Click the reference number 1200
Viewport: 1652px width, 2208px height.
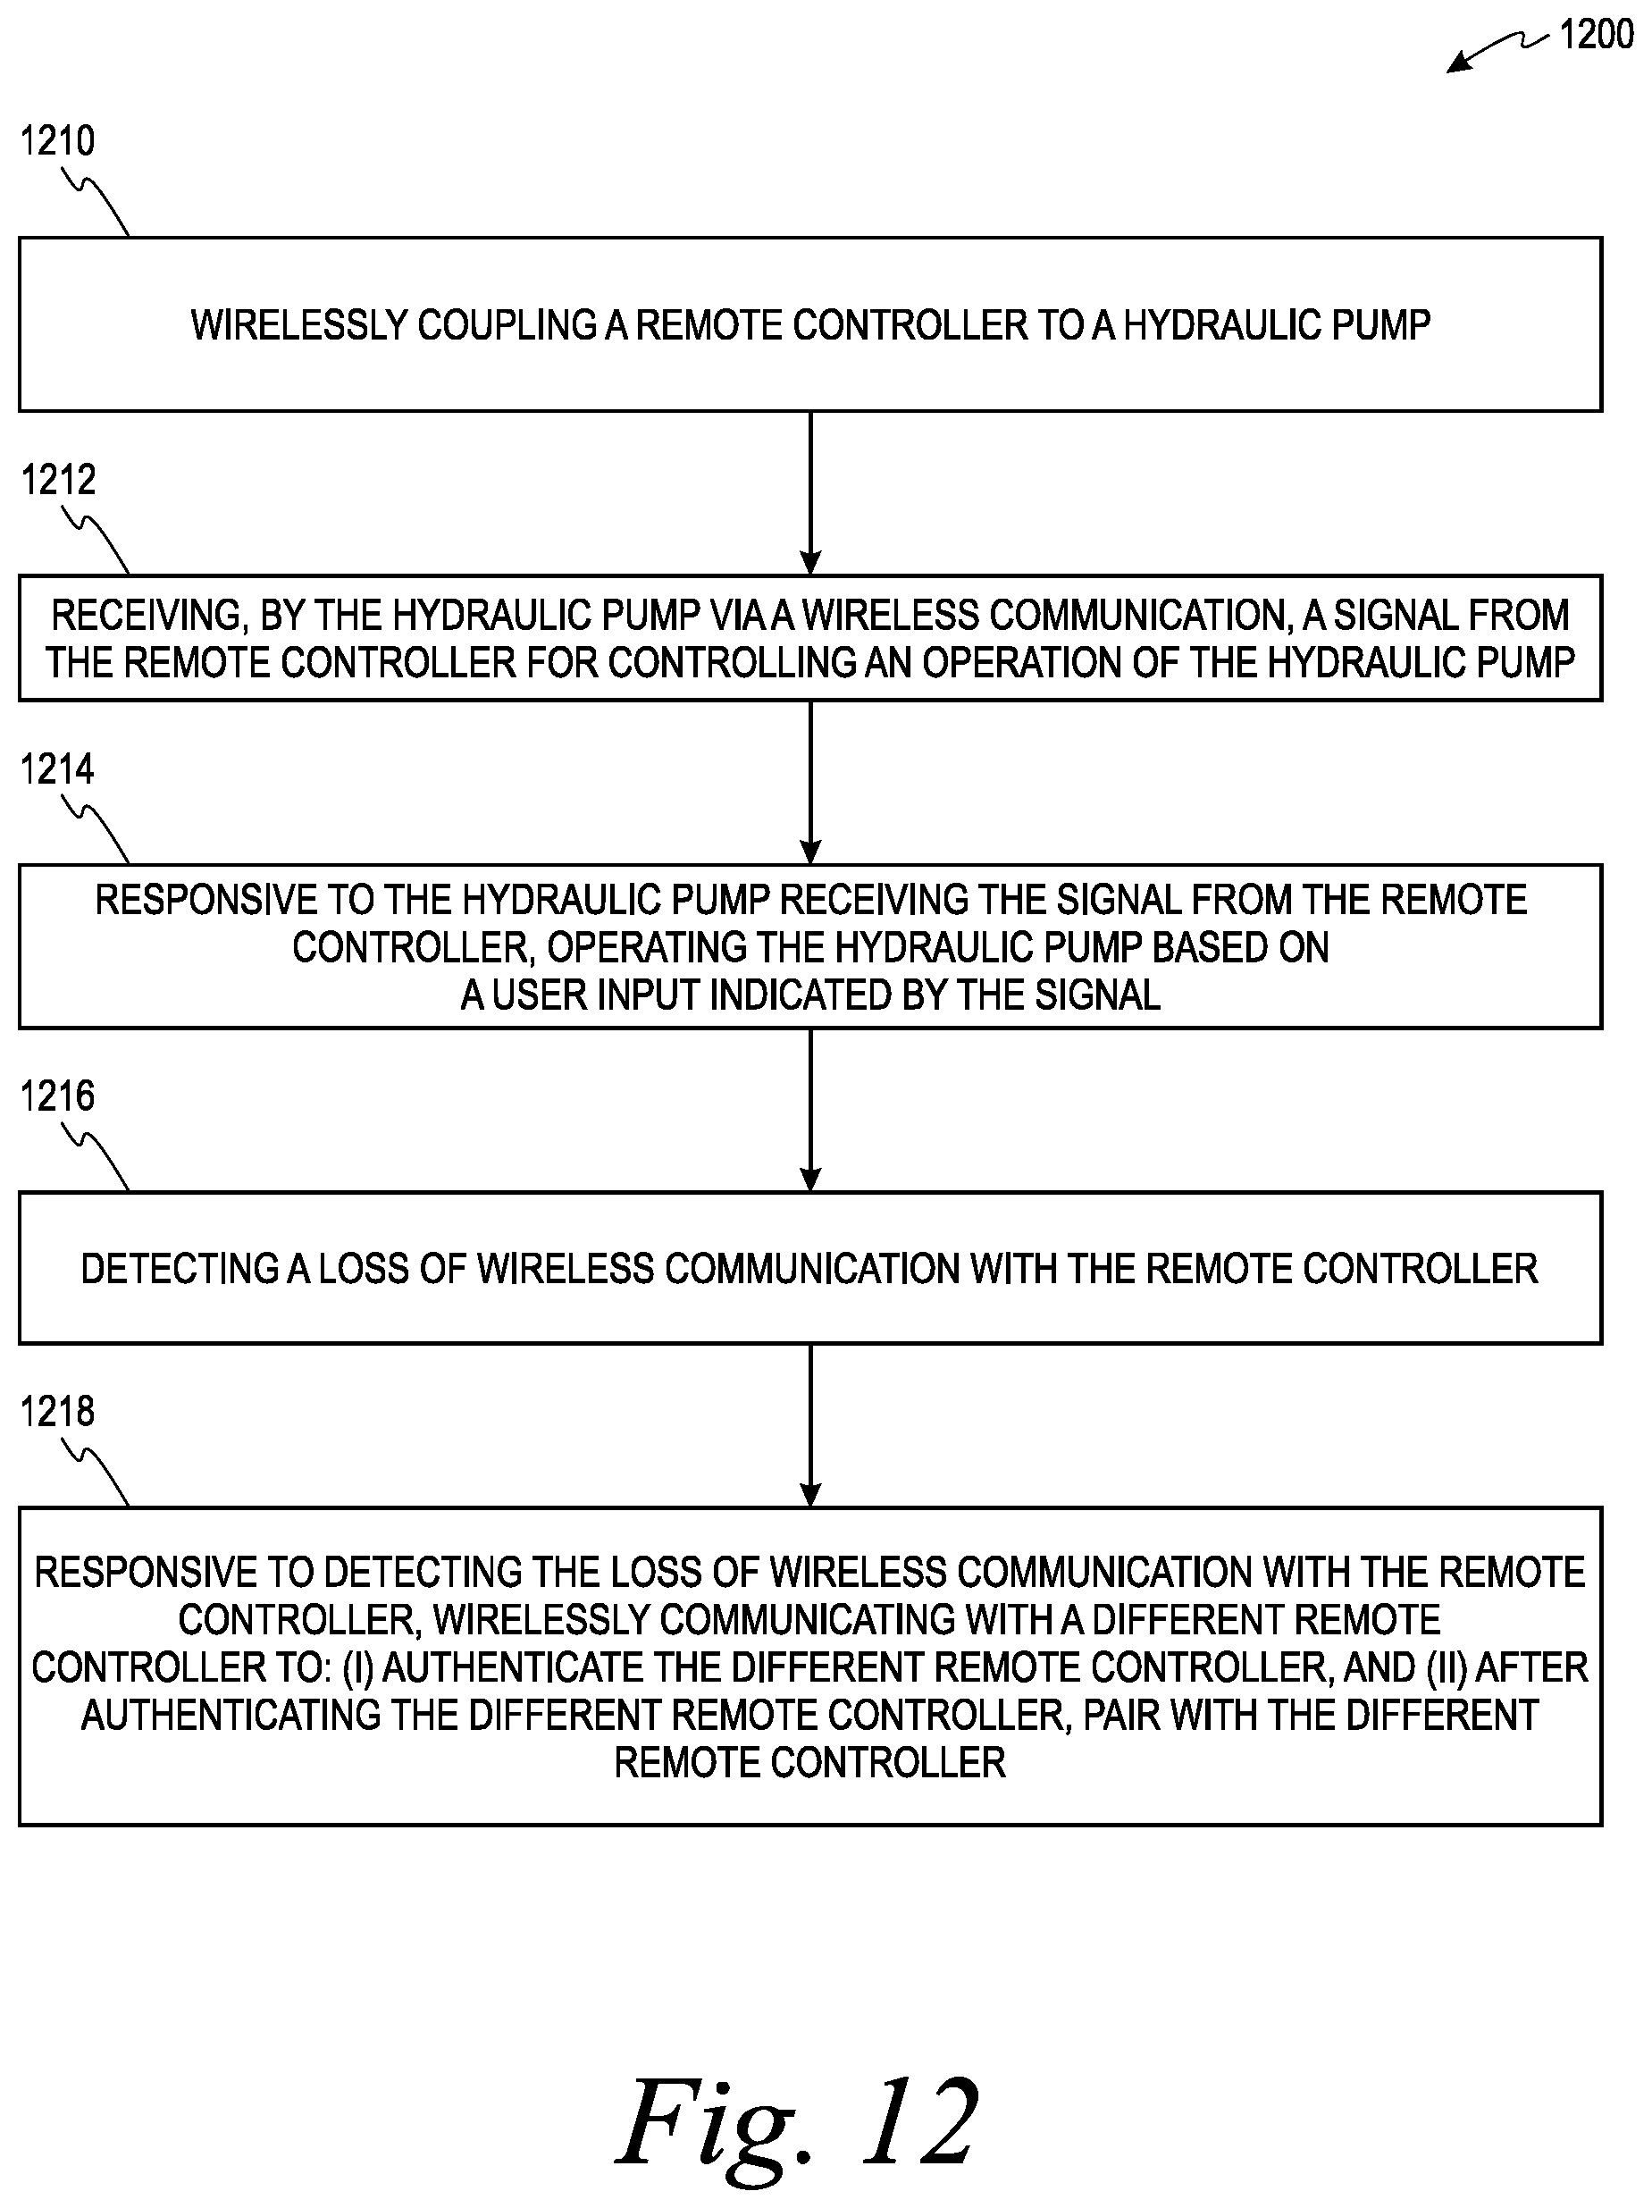point(1596,35)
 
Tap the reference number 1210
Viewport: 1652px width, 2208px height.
point(57,141)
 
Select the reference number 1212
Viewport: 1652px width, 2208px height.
point(58,480)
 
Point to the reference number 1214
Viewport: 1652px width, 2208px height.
point(57,769)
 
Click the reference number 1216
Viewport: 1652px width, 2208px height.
point(57,1097)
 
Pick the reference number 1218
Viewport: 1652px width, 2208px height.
point(57,1413)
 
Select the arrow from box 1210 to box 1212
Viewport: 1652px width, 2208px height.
point(810,493)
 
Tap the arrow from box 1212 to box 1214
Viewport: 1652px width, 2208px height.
point(810,783)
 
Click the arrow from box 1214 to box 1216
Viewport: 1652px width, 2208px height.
point(810,1110)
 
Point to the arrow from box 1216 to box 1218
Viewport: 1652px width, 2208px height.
point(810,1425)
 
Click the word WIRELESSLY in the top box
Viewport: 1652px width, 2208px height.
point(298,325)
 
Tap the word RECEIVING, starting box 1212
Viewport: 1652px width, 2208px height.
point(148,615)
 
